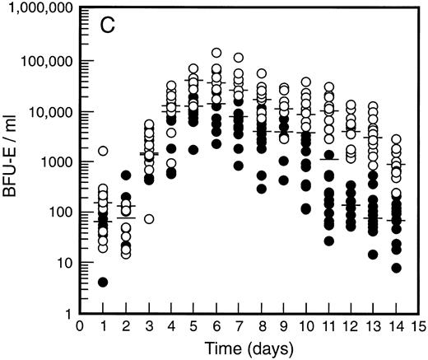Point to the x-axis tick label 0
coord(80,325)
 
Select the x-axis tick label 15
coord(420,325)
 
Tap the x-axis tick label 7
coord(239,325)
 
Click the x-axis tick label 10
coord(305,325)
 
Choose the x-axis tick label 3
coord(148,325)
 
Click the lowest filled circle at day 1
coord(103,282)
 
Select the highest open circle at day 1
coord(103,151)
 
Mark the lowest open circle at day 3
coord(149,219)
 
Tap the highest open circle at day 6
coord(216,53)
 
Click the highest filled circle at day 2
coord(126,175)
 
